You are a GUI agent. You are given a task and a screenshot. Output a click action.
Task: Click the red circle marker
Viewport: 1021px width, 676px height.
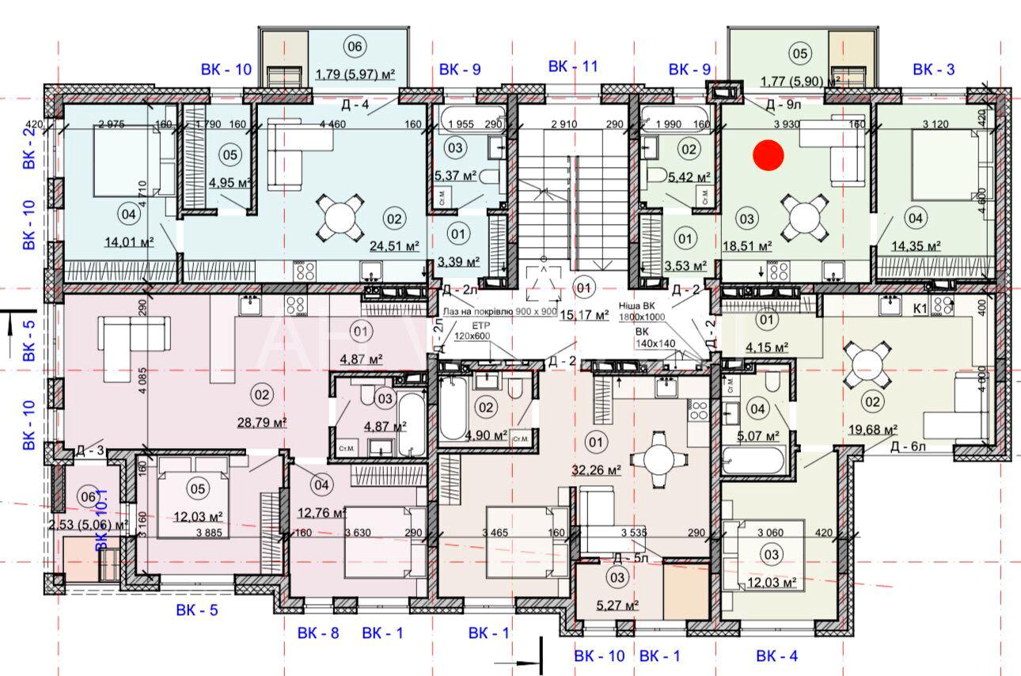(768, 155)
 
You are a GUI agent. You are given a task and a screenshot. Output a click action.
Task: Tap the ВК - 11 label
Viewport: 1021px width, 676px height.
(573, 66)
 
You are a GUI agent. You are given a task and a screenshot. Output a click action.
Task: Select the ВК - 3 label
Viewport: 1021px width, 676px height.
(933, 69)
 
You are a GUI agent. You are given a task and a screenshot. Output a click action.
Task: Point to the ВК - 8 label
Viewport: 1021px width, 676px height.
(318, 632)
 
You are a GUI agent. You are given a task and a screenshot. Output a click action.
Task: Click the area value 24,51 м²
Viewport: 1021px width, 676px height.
(393, 246)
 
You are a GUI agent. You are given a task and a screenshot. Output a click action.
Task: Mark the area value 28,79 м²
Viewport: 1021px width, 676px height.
(261, 422)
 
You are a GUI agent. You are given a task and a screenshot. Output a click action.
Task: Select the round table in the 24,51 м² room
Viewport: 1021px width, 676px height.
(340, 218)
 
